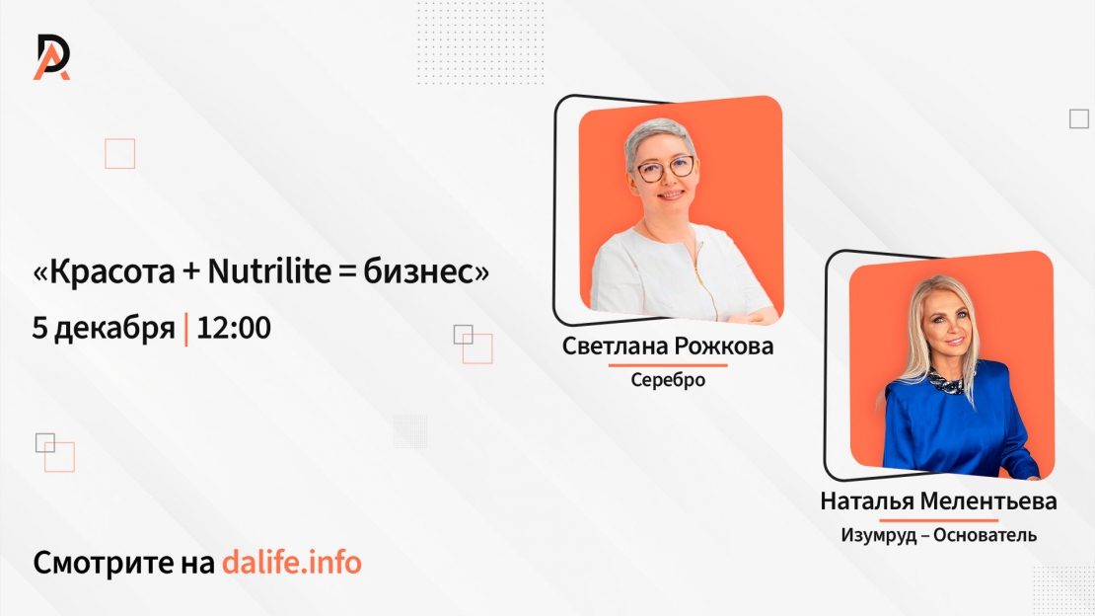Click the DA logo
51,56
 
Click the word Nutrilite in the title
269,271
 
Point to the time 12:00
234,328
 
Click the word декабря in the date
114,329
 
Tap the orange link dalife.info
292,562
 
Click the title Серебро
668,380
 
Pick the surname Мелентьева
987,501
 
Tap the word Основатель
985,536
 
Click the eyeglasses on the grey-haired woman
664,169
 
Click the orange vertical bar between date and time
185,330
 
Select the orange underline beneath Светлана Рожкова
668,365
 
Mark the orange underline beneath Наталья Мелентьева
938,520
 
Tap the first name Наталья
867,501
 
